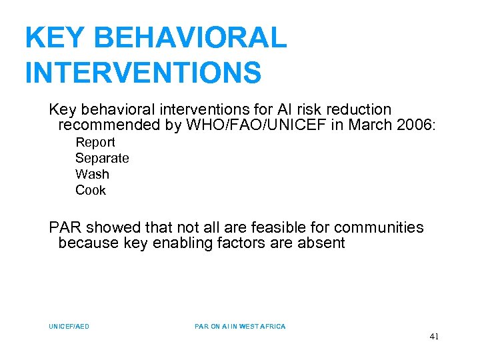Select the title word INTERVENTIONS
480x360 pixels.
(x=143, y=73)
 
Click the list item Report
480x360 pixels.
(x=95, y=142)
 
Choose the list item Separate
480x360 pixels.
(x=102, y=158)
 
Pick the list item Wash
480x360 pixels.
(x=92, y=174)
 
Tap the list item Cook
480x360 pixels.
(x=91, y=190)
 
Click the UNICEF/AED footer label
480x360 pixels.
(x=69, y=327)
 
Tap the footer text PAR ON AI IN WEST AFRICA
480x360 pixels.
(x=240, y=327)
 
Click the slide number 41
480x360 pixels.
(x=434, y=337)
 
